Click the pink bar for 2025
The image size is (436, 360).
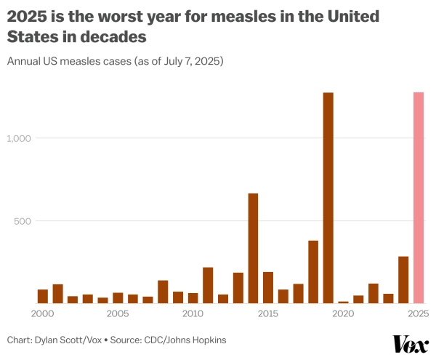(x=419, y=198)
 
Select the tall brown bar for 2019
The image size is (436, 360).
(x=328, y=198)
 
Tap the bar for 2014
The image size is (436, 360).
(x=253, y=248)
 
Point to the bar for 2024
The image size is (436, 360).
(x=403, y=279)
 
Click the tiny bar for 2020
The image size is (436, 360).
(x=343, y=302)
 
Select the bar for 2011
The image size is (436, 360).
(x=208, y=285)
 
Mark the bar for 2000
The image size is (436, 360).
(x=43, y=296)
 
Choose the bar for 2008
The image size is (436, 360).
(x=163, y=292)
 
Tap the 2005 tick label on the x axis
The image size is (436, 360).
(x=118, y=314)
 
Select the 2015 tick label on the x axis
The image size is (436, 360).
(x=268, y=314)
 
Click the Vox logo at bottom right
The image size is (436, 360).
(x=411, y=343)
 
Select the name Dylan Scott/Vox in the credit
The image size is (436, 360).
(x=73, y=340)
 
